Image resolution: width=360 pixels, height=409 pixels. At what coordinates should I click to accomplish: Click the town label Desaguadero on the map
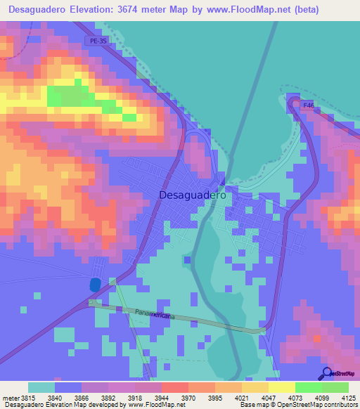[x=193, y=195]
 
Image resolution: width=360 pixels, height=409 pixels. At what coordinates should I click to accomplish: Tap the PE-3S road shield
[x=98, y=41]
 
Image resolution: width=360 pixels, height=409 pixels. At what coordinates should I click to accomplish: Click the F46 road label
[x=307, y=105]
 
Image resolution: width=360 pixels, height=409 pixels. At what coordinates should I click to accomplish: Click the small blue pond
[x=94, y=285]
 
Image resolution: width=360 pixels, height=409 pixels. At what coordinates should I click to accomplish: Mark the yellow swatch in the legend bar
[x=281, y=387]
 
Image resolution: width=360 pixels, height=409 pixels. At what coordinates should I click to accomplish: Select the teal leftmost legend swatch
[x=41, y=387]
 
